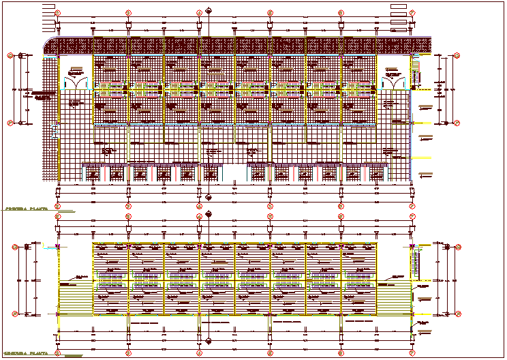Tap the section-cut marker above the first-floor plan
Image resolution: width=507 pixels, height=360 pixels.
point(209,12)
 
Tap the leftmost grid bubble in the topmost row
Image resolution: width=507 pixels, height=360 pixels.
point(58,13)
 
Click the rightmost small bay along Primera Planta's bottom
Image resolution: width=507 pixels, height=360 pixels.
point(378,174)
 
